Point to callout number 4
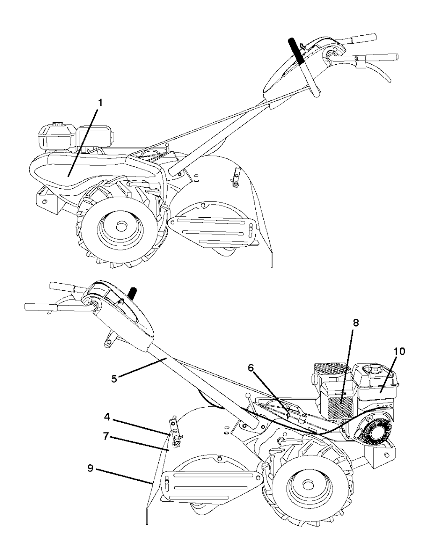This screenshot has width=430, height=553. pyautogui.click(x=107, y=417)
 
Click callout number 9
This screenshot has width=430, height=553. pyautogui.click(x=90, y=467)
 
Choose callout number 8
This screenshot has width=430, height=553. pyautogui.click(x=356, y=323)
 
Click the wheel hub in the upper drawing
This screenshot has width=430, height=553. pyautogui.click(x=121, y=226)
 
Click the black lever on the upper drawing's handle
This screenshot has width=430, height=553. pyautogui.click(x=298, y=51)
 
